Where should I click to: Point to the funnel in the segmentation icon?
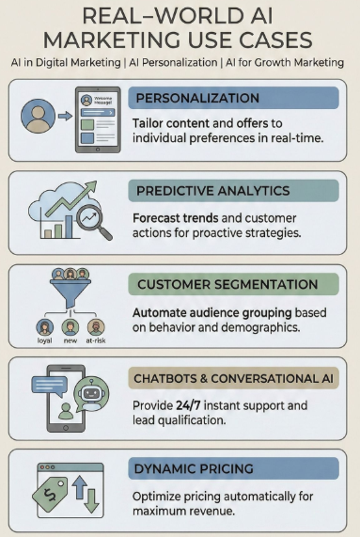coord(70,284)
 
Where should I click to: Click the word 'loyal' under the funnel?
coord(44,340)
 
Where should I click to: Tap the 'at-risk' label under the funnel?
coord(97,340)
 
